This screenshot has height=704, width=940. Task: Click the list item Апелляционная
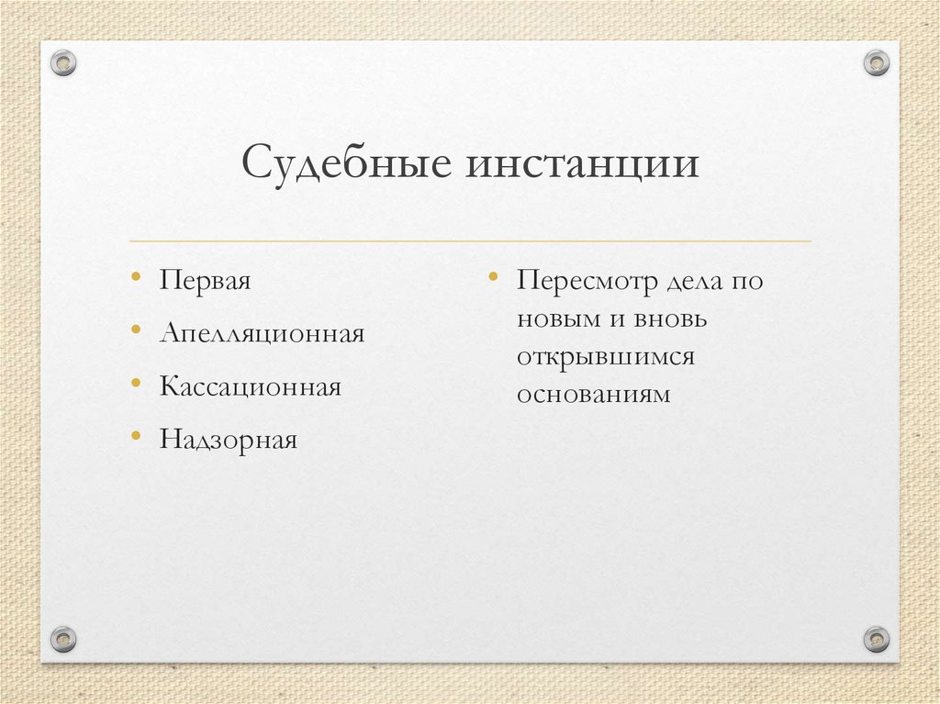[262, 333]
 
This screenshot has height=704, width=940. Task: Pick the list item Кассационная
[250, 386]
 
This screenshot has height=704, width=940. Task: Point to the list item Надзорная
[229, 440]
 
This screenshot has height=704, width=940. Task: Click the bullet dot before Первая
[136, 275]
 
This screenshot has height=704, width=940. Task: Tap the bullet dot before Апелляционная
[136, 329]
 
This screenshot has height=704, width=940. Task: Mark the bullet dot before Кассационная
[136, 382]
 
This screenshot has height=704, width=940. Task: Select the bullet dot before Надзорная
[136, 435]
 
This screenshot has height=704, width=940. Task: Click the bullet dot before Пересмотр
[493, 275]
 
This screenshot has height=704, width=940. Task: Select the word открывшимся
[605, 357]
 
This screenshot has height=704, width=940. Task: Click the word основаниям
[593, 395]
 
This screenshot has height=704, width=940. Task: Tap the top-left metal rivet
[62, 62]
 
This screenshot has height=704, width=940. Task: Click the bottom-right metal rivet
[877, 638]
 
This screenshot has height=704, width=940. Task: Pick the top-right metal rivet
[877, 62]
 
